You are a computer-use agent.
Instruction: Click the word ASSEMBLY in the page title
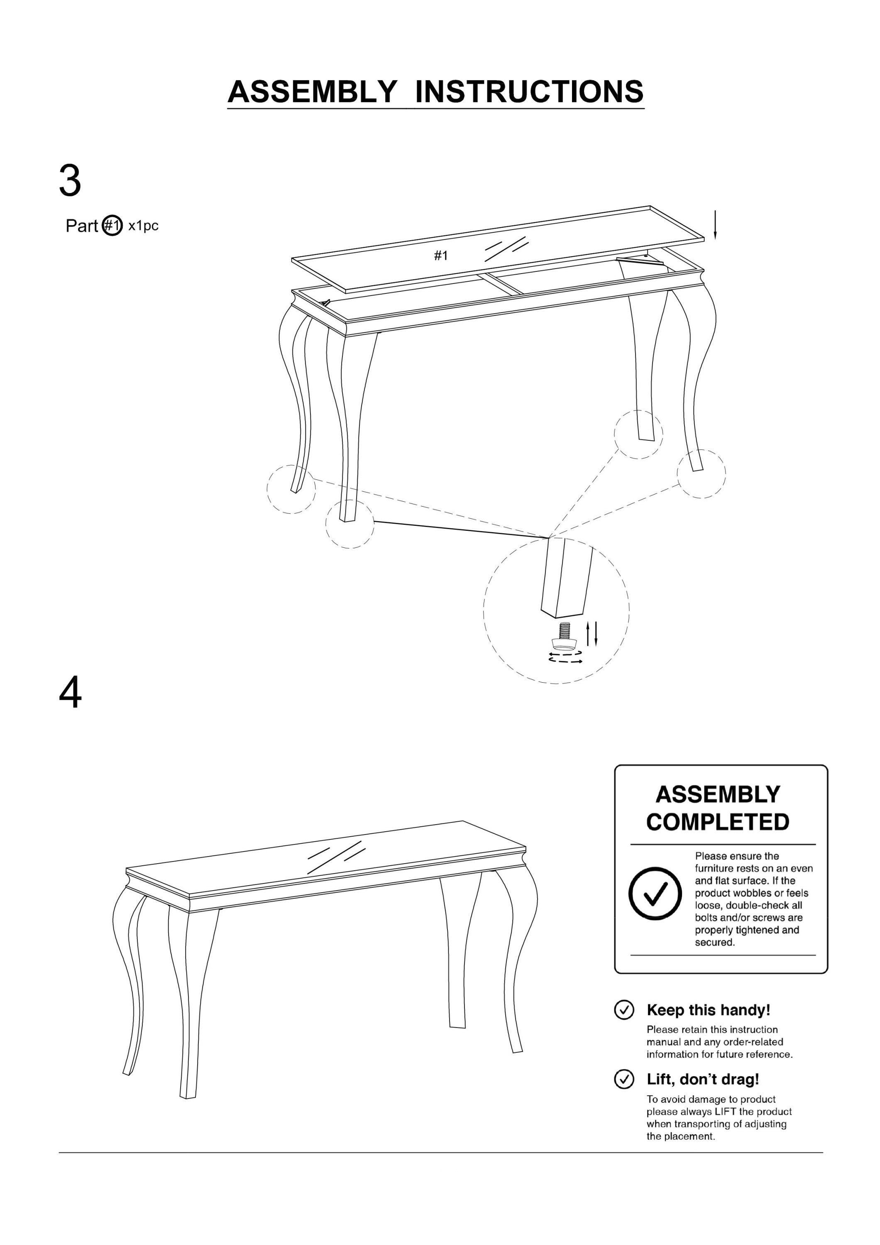(312, 92)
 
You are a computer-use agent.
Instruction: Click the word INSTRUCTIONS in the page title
(529, 92)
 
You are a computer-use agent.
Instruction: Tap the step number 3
(70, 181)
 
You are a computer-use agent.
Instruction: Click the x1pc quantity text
(143, 226)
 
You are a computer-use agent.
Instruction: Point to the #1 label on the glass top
(441, 255)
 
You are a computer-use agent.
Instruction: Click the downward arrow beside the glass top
(715, 225)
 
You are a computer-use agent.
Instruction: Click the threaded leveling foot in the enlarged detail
(563, 637)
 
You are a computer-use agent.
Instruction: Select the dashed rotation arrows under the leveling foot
(565, 657)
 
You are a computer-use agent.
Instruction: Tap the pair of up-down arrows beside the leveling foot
(592, 634)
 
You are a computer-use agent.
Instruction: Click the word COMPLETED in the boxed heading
(717, 822)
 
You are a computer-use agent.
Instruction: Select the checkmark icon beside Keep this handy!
(624, 1009)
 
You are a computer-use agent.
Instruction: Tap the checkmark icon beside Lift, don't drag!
(624, 1079)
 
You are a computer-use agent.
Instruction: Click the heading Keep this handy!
(708, 1010)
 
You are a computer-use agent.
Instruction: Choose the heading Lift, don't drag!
(703, 1079)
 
